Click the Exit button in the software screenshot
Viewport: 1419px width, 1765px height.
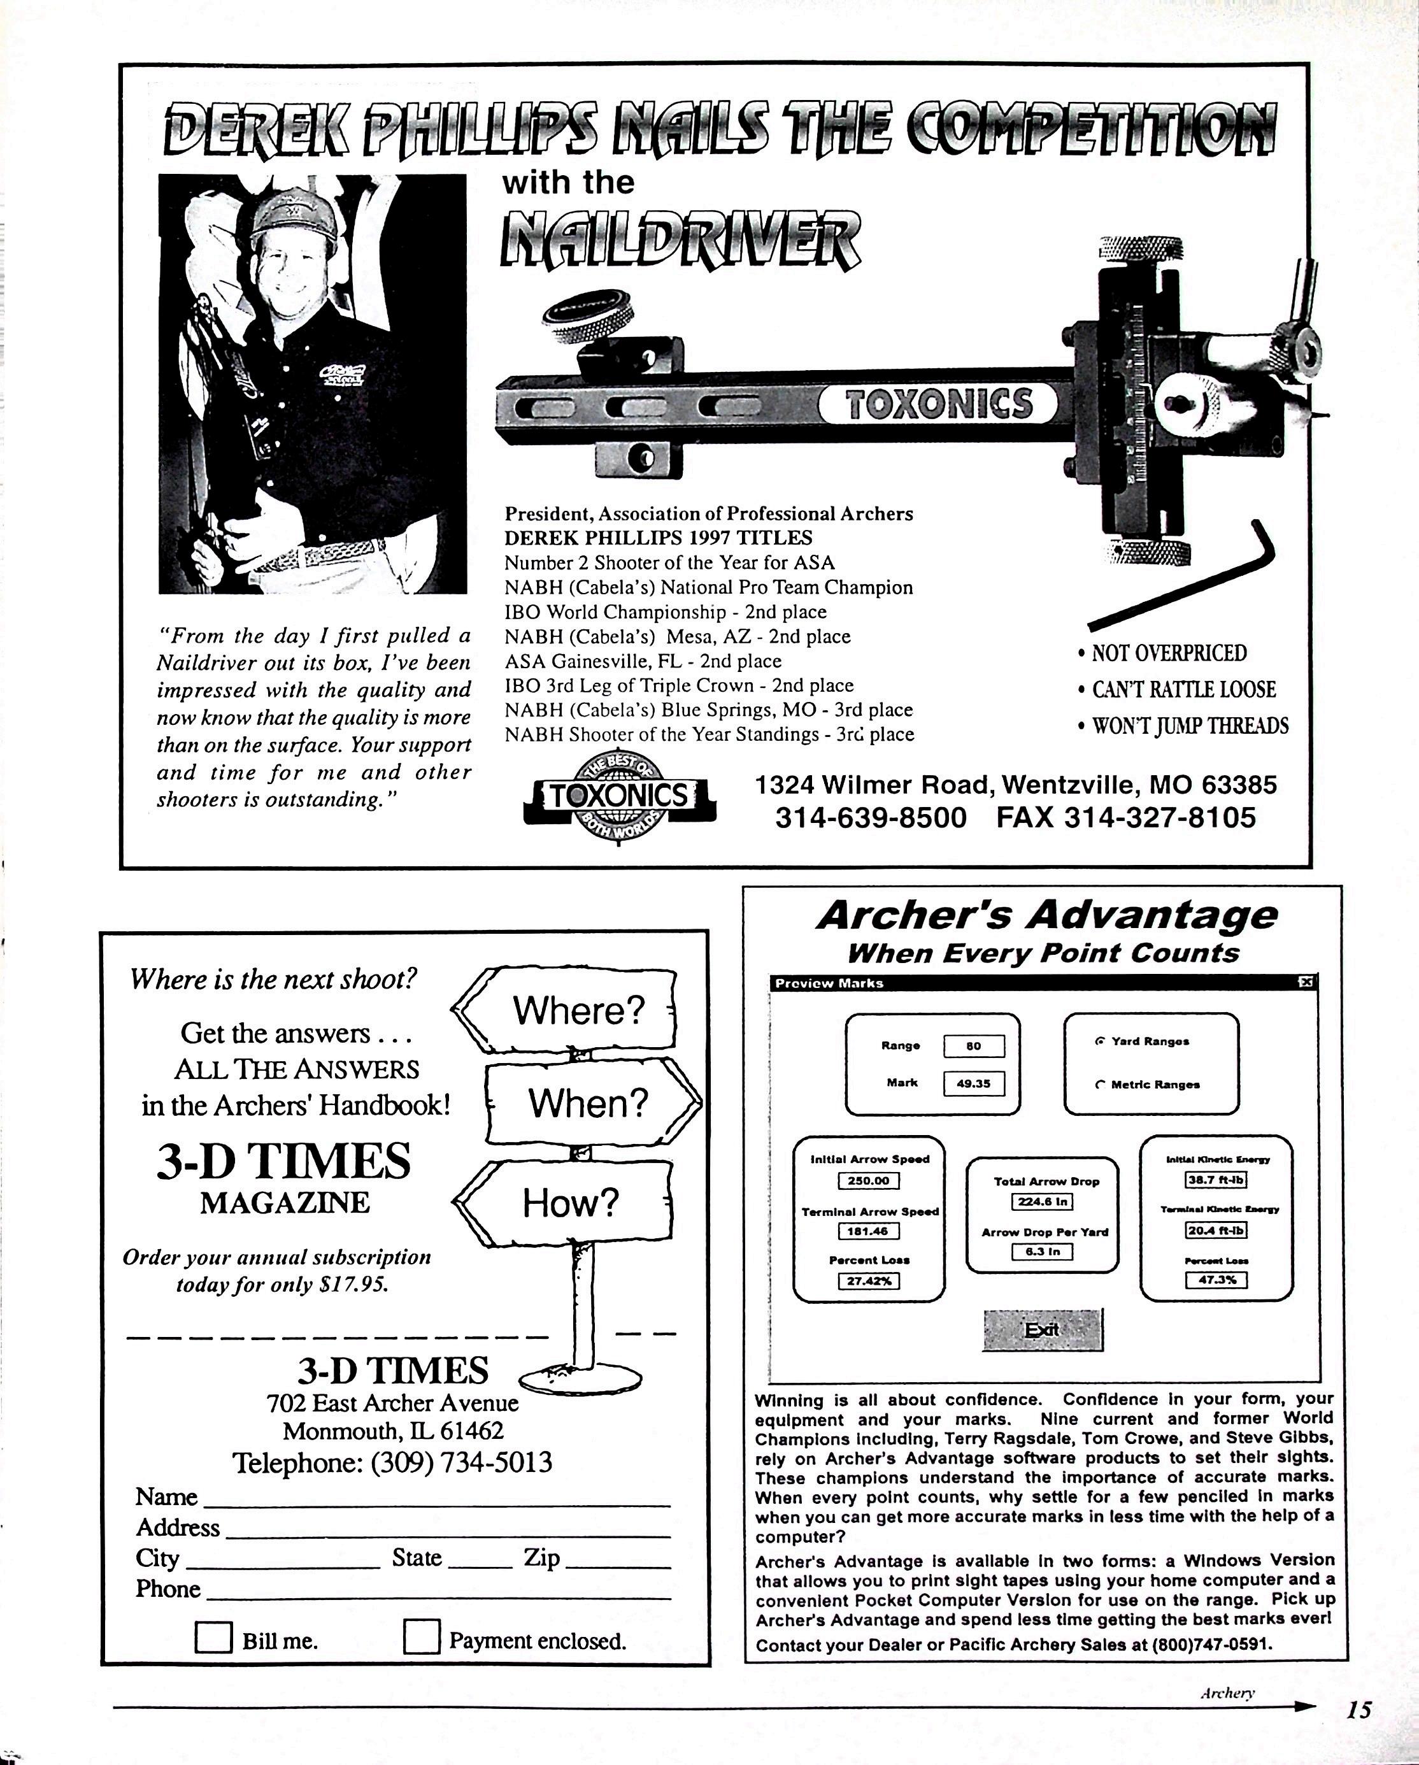tap(1043, 1329)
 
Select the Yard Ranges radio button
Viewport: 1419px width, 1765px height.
tap(1100, 1041)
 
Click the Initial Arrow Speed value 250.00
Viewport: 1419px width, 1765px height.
tap(868, 1180)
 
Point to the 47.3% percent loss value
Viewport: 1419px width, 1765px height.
tap(1216, 1280)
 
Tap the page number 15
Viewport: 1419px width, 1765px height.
tap(1358, 1710)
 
